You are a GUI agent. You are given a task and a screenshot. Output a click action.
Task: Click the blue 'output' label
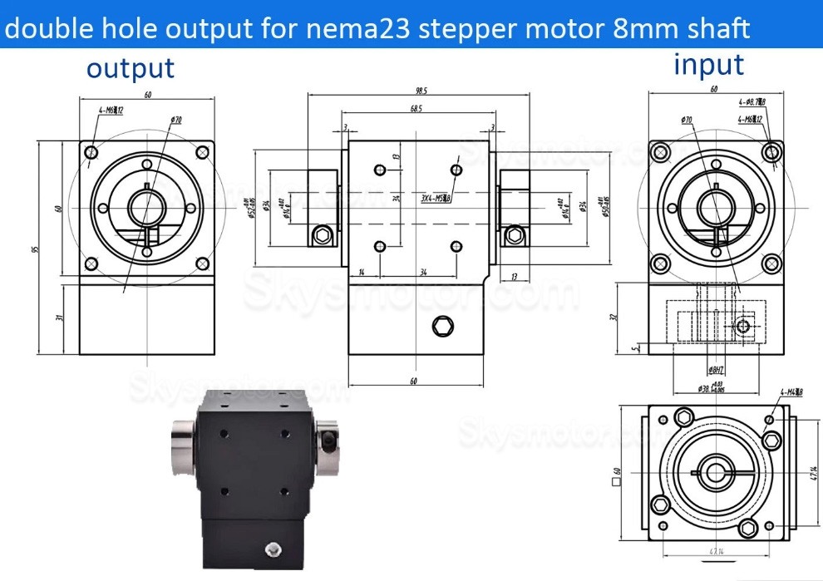[x=131, y=68]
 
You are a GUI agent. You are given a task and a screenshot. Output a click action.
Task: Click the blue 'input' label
[x=708, y=64]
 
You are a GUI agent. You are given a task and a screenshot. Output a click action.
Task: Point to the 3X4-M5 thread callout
[x=435, y=199]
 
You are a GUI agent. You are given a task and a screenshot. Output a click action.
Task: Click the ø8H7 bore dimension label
[x=697, y=370]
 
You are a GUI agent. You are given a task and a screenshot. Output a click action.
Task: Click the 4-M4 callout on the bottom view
[x=791, y=392]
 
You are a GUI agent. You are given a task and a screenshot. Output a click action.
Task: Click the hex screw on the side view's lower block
[x=441, y=326]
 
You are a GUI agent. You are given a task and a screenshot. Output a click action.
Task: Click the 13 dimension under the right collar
[x=515, y=277]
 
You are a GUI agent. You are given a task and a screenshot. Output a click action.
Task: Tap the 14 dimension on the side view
[x=362, y=273]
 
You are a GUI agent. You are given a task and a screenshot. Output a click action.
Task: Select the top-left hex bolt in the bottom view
[x=683, y=417]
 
